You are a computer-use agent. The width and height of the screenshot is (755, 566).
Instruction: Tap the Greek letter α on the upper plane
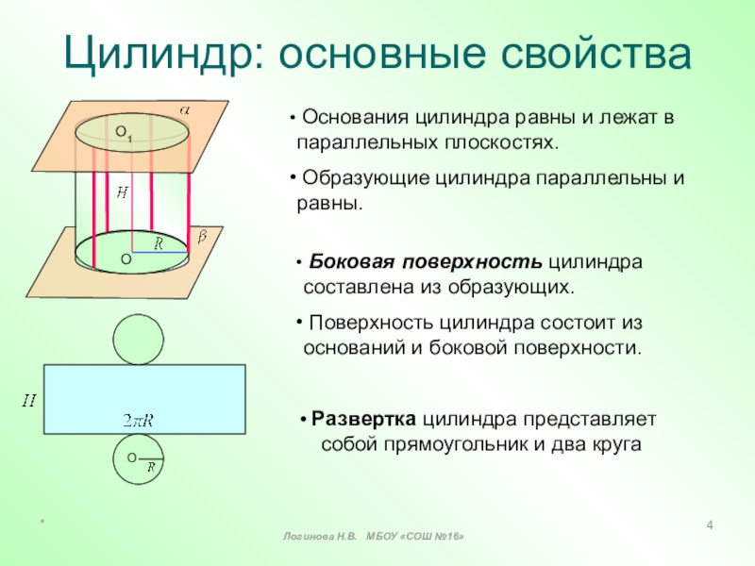(x=185, y=110)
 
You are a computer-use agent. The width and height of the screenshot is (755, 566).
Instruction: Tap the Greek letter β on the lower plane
(x=202, y=235)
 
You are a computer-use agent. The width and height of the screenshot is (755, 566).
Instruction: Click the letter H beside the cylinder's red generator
(x=122, y=192)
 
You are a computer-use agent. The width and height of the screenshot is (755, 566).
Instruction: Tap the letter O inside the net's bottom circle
(x=131, y=458)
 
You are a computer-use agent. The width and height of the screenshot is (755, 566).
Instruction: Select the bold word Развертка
(x=363, y=418)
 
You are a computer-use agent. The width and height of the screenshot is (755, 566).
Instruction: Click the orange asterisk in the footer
(x=42, y=522)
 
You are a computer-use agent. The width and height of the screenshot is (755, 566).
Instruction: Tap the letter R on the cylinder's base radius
(x=159, y=243)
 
